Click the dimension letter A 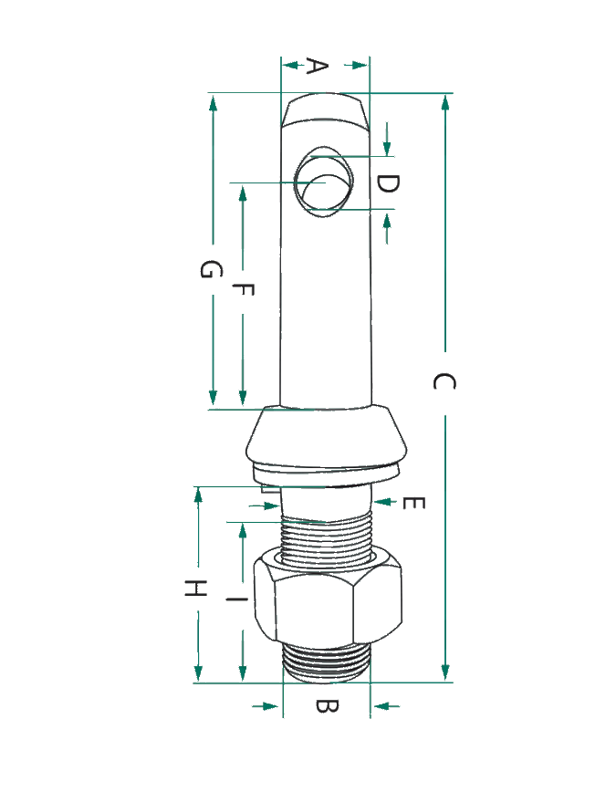(x=318, y=66)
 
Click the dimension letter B (x=327, y=705)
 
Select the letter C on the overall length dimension (x=444, y=381)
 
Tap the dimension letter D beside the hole (x=388, y=184)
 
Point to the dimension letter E (x=414, y=503)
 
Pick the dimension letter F (x=243, y=289)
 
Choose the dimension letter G (x=211, y=269)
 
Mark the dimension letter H (x=195, y=588)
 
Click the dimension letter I (x=236, y=599)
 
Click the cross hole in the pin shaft (x=324, y=182)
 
